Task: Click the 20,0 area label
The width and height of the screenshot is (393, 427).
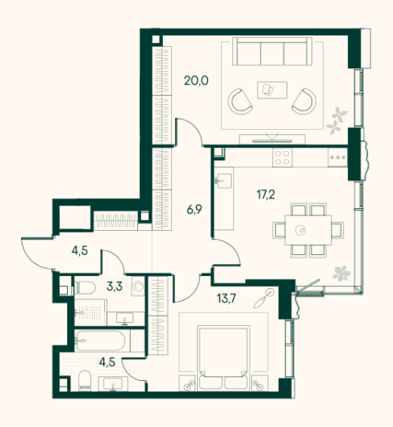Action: (x=196, y=81)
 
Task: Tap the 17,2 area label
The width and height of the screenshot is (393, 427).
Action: (x=265, y=195)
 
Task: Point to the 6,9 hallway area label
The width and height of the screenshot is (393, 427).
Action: (x=194, y=210)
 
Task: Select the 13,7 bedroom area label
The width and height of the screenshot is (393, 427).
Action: (x=226, y=299)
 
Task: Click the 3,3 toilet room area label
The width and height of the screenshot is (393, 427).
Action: (x=115, y=287)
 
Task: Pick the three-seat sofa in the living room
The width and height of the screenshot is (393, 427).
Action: (x=272, y=51)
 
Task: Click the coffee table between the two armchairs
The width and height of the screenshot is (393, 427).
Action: (x=272, y=90)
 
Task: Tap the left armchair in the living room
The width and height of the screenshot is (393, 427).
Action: (x=240, y=102)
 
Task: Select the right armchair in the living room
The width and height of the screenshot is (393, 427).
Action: (x=304, y=102)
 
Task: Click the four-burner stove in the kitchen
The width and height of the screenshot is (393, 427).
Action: (x=282, y=157)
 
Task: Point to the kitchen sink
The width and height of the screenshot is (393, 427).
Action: (x=224, y=181)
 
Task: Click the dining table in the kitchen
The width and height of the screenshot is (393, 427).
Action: (x=308, y=230)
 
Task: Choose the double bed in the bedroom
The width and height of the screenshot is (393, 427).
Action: (x=224, y=358)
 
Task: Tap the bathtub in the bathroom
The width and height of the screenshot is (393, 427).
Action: (x=100, y=341)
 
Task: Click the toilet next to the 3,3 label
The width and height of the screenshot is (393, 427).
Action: (x=85, y=287)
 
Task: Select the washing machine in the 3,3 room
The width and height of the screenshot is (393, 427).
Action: (x=138, y=286)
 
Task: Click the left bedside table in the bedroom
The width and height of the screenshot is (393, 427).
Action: (x=187, y=383)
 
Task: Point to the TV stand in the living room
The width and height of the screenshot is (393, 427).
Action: (x=272, y=139)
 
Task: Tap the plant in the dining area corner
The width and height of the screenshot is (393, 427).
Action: (x=341, y=274)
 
